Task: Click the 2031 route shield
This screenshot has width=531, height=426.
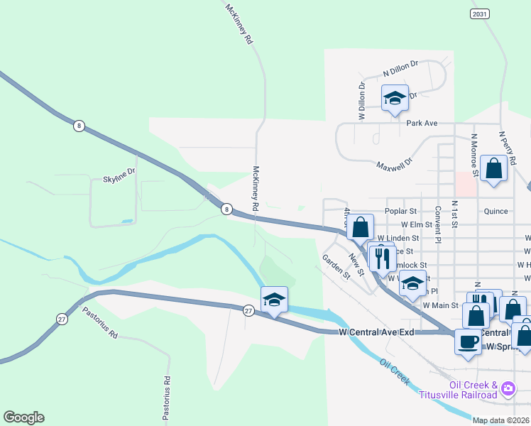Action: (479, 13)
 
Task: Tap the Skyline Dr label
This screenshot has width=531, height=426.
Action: (119, 172)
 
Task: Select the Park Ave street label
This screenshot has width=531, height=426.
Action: (422, 123)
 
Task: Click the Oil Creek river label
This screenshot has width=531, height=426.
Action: (395, 372)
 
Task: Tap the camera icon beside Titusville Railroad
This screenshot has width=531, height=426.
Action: (508, 388)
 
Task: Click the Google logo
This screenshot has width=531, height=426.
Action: (23, 417)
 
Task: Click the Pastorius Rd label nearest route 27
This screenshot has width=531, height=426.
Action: (99, 323)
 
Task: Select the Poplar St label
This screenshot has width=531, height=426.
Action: (402, 212)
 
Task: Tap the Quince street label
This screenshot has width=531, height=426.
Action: (496, 212)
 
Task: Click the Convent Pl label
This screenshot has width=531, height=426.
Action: (439, 224)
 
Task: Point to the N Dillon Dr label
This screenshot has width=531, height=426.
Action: (401, 71)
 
